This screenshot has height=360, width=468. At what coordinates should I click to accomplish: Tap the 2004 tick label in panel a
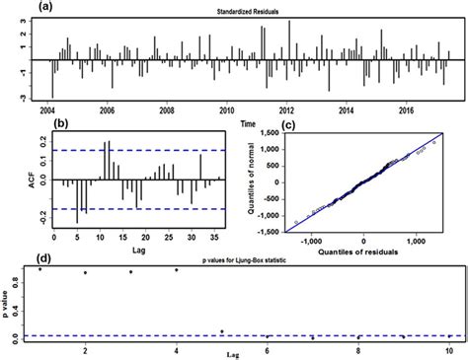click(47, 110)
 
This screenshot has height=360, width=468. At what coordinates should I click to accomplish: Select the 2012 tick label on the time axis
click(287, 110)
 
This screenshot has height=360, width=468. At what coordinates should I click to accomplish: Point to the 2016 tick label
click(408, 110)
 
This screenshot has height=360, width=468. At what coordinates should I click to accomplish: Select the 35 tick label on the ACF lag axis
click(217, 240)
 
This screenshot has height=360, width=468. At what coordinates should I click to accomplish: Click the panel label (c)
click(262, 125)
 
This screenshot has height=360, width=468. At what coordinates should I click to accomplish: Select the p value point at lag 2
click(86, 273)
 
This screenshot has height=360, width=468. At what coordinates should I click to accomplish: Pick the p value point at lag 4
click(177, 269)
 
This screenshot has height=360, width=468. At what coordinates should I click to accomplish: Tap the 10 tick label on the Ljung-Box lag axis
click(449, 351)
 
